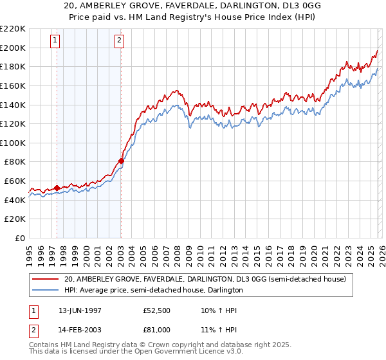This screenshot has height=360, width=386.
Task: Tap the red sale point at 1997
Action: click(57, 188)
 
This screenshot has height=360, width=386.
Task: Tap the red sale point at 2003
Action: click(121, 161)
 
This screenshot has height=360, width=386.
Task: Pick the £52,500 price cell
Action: click(158, 310)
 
